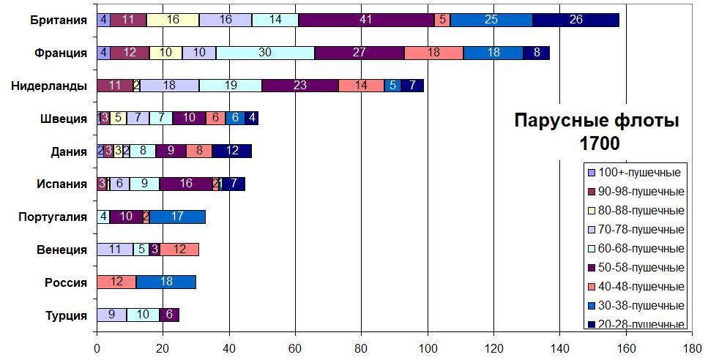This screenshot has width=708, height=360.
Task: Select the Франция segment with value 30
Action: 265,53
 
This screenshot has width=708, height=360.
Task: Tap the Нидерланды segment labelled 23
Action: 300,86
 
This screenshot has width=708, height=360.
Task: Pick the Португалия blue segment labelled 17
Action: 176,217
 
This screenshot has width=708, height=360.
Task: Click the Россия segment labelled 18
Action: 165,282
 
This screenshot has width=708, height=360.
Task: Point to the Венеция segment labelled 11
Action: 114,250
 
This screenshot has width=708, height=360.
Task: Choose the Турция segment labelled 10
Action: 143,315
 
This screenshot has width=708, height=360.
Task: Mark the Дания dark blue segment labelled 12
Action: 231,151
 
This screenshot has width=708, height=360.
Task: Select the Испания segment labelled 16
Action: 185,184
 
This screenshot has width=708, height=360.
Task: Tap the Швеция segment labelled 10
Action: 189,119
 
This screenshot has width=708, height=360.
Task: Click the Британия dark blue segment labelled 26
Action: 575,20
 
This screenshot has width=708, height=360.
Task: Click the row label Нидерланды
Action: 49,86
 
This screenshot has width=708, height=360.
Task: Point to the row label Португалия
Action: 53,217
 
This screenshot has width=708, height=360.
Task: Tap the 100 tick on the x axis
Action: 428,349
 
